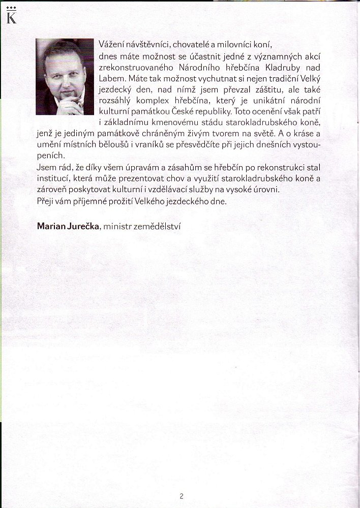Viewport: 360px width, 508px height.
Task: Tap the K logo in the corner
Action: point(9,19)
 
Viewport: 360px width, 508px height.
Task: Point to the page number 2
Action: point(181,496)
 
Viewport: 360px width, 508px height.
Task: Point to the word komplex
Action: point(163,101)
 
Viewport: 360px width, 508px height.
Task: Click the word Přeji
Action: point(46,202)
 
